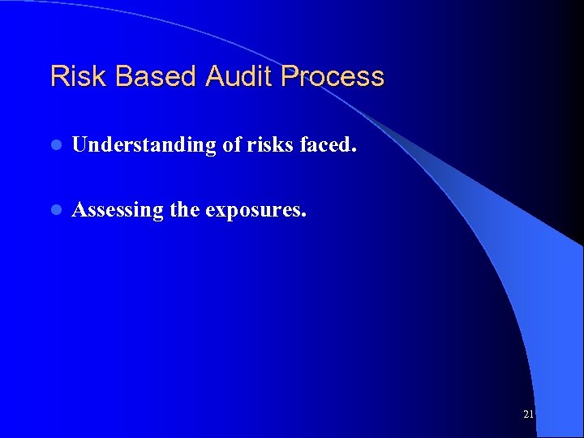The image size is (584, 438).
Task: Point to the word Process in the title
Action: click(x=333, y=77)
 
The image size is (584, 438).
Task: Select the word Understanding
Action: click(x=143, y=145)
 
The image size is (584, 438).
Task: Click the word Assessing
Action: click(x=118, y=211)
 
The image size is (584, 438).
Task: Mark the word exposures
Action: click(x=254, y=211)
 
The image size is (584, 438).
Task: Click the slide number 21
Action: click(x=528, y=414)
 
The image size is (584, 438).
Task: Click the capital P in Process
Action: click(x=290, y=77)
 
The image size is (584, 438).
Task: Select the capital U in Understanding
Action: click(x=80, y=145)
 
